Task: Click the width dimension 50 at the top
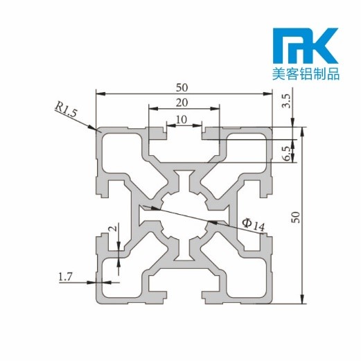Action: [183, 87]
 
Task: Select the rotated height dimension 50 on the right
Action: [296, 215]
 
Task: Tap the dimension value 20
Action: [182, 103]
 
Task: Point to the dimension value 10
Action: [182, 119]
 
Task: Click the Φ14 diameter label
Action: [253, 223]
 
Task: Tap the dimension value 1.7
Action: [65, 277]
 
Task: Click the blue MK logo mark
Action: [305, 46]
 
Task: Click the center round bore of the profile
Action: [183, 215]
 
